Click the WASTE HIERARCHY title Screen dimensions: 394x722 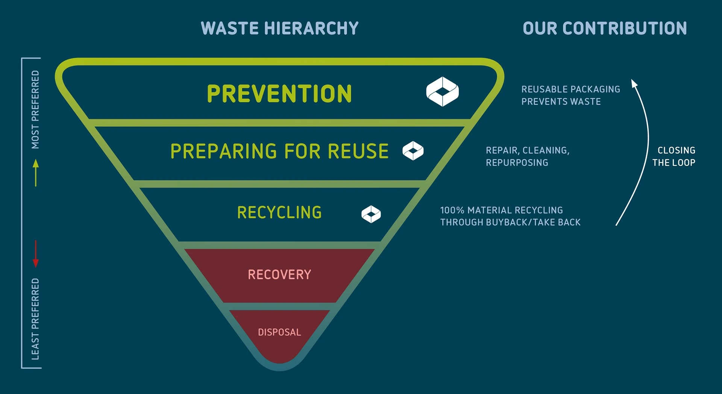(x=279, y=29)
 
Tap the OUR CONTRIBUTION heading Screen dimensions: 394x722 (x=605, y=29)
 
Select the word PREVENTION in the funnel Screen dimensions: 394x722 (x=279, y=94)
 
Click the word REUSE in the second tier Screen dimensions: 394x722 (x=358, y=151)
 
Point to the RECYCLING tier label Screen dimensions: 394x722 (x=279, y=213)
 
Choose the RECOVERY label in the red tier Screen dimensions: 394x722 (x=279, y=275)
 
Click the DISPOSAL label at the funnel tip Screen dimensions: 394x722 (x=279, y=332)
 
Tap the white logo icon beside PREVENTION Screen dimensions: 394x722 (x=442, y=92)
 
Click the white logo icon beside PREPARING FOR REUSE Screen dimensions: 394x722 (x=413, y=151)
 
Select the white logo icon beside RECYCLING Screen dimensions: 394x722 (x=371, y=214)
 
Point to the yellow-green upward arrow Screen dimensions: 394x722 (x=36, y=173)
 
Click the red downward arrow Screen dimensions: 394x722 (x=36, y=254)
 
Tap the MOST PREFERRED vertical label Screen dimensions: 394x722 (x=35, y=109)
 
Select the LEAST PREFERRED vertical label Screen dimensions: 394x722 (x=35, y=319)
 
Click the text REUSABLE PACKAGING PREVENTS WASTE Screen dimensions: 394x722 (x=570, y=95)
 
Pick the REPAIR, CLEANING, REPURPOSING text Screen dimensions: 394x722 (x=527, y=156)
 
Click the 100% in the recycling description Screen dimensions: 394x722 (x=452, y=210)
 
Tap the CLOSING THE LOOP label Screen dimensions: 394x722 (x=674, y=156)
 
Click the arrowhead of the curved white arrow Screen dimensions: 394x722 (x=634, y=83)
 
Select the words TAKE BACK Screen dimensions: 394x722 (x=557, y=223)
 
